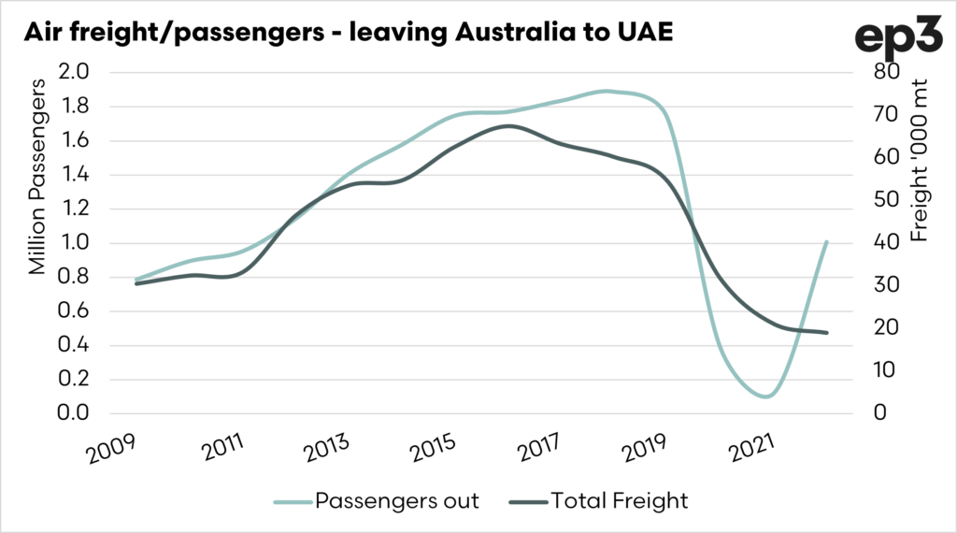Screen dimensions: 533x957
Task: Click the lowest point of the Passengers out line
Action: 765,396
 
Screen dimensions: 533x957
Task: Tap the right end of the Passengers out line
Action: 827,242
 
